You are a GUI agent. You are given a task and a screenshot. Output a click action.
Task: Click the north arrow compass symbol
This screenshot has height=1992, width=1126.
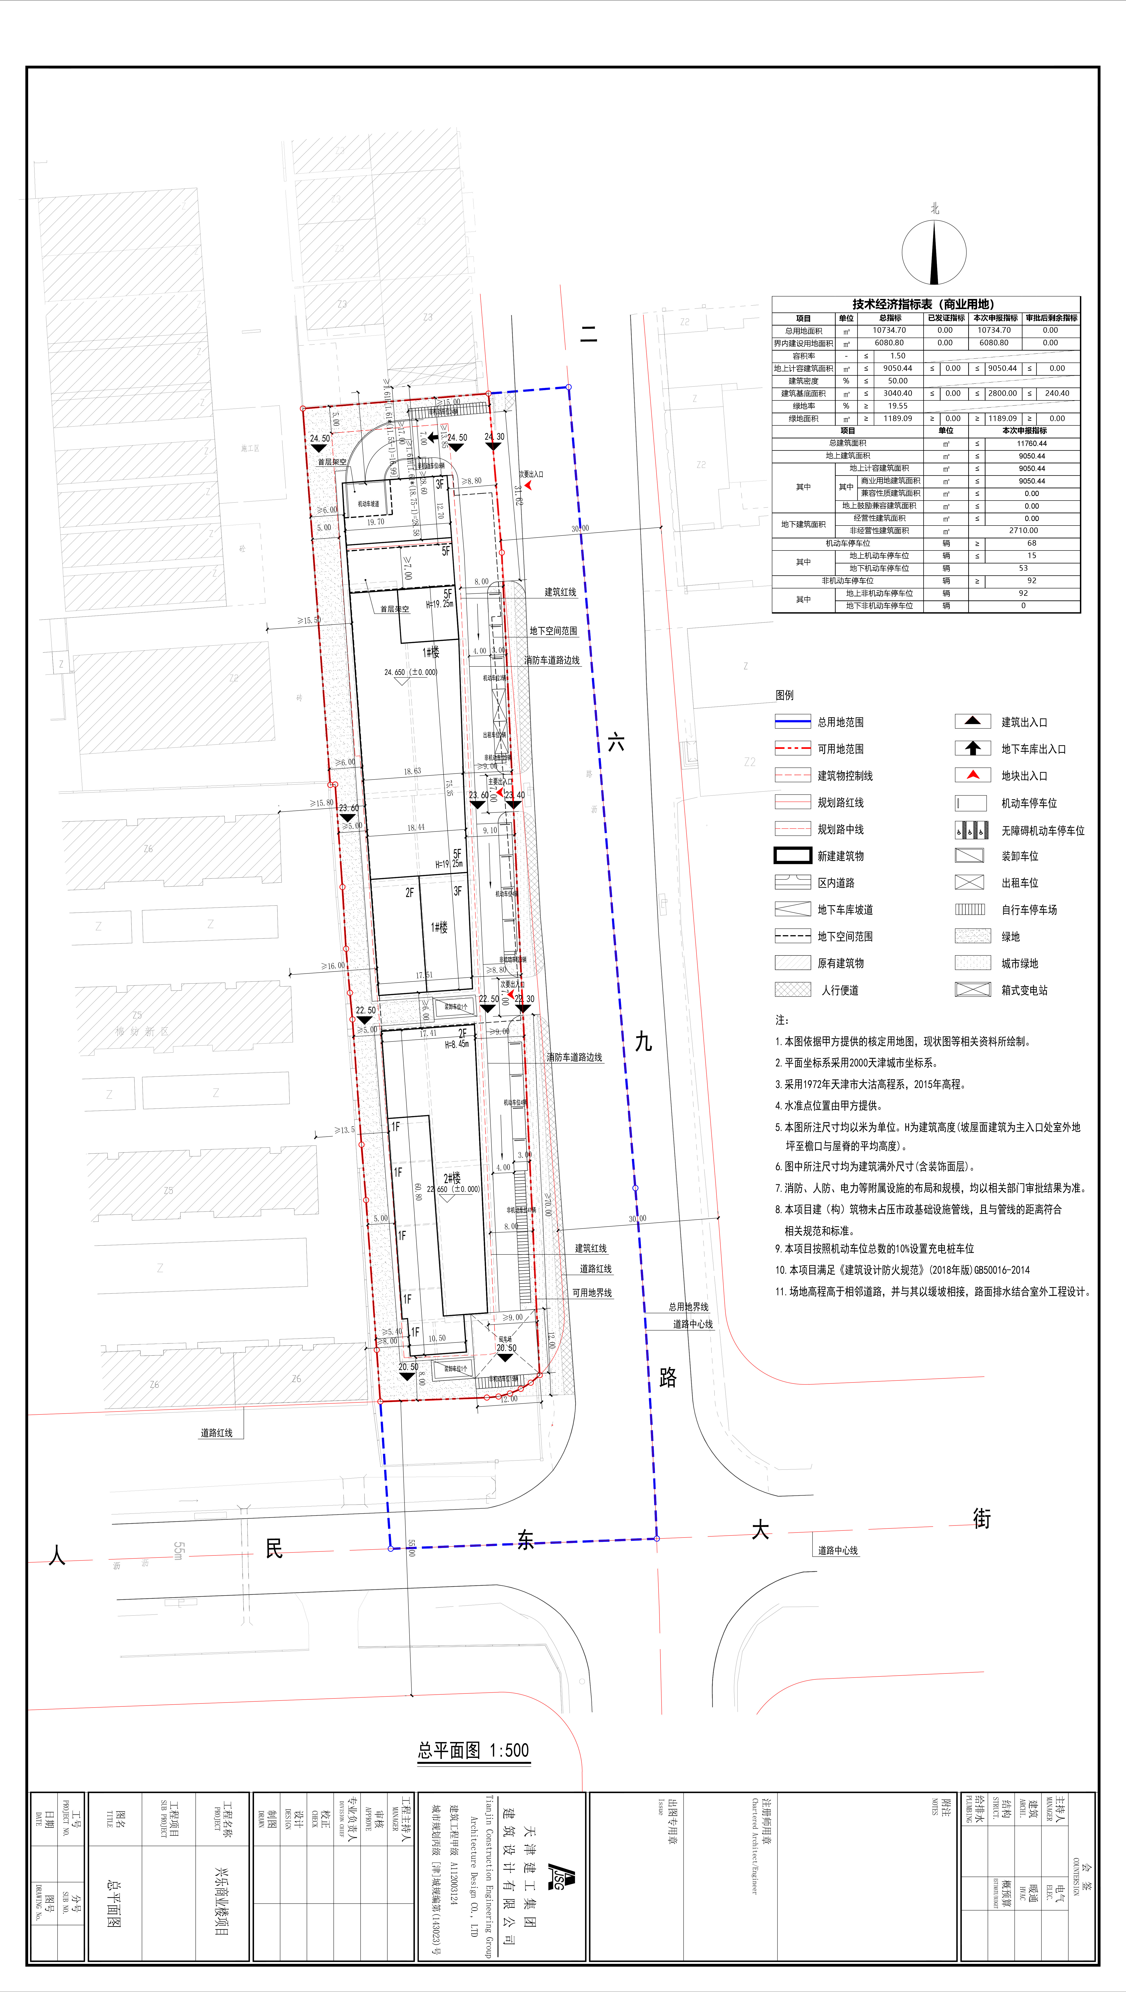934,252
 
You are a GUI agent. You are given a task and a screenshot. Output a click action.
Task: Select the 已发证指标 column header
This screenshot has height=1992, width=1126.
946,318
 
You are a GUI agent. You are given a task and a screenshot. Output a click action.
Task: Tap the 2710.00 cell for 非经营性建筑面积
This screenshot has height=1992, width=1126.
1023,531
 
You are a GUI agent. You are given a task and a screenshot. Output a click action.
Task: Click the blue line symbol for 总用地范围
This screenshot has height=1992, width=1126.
793,721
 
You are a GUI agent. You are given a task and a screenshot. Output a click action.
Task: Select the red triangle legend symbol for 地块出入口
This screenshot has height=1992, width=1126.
973,775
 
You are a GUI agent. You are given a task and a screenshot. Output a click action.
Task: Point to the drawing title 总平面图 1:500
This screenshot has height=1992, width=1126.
473,1750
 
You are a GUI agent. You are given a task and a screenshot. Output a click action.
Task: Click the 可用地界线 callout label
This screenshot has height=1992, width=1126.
592,1292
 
